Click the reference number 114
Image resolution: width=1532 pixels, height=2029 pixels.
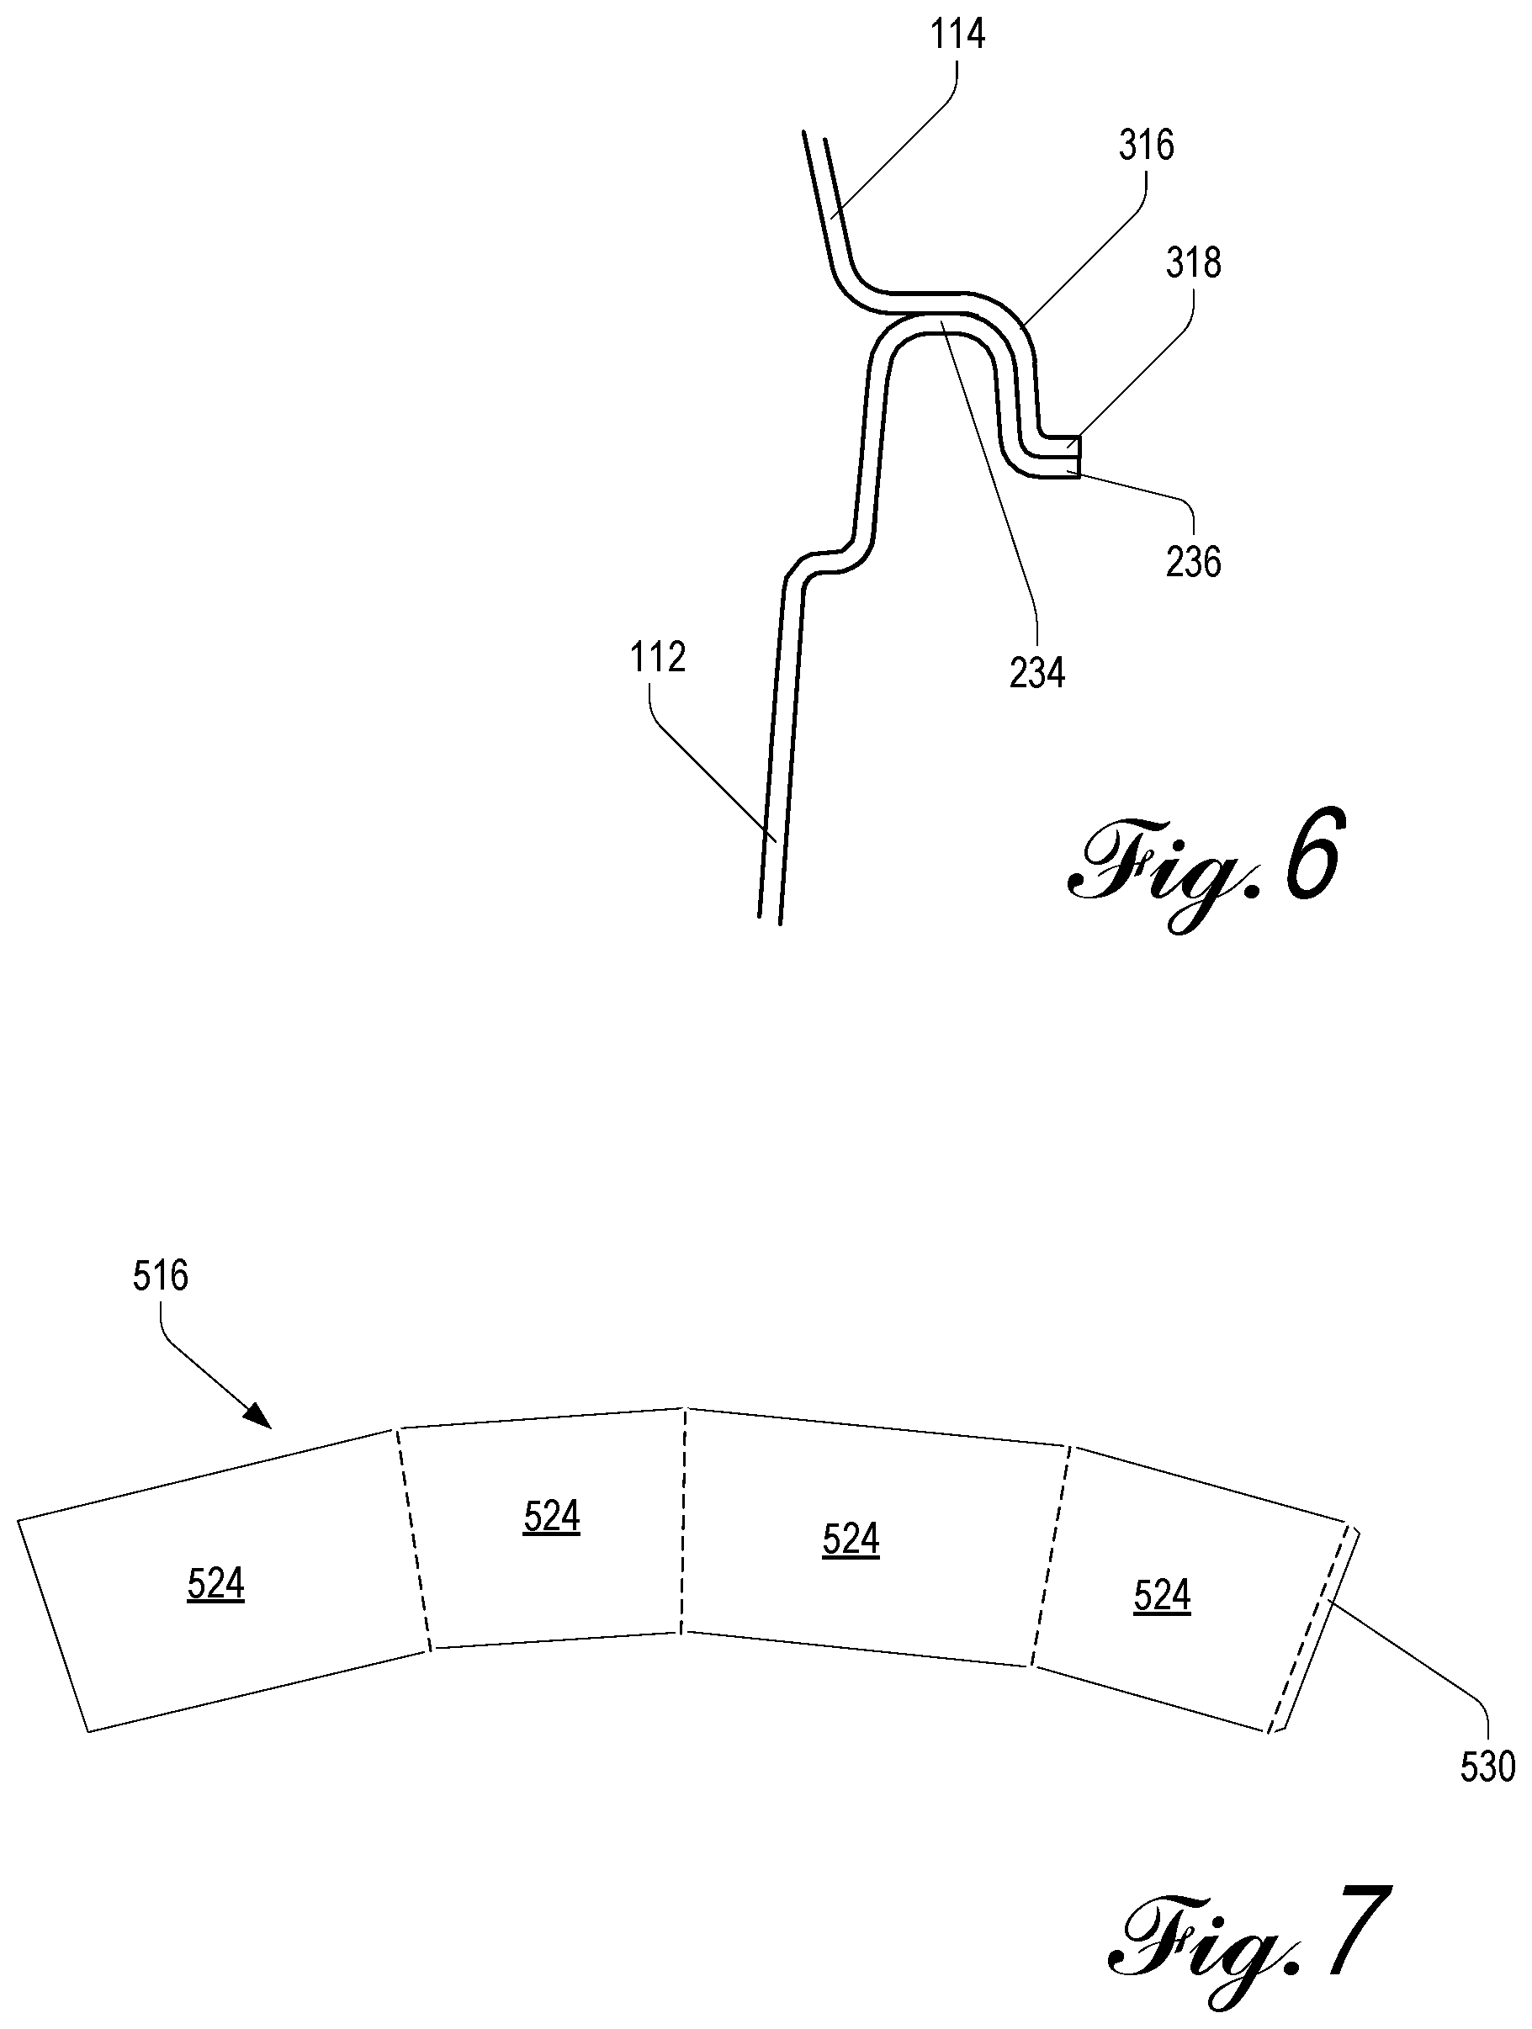click(957, 34)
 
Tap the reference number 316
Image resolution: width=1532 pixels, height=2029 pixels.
click(1147, 146)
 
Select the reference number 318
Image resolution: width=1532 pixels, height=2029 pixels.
click(1194, 263)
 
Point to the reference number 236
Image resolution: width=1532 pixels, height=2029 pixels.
click(1194, 561)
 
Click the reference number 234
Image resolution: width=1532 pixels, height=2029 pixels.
click(1036, 673)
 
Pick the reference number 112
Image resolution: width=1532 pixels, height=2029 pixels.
click(658, 658)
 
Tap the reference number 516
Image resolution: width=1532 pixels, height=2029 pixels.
click(161, 1276)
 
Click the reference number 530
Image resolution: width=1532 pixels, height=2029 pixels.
click(1487, 1766)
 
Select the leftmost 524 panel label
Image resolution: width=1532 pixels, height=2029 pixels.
click(215, 1583)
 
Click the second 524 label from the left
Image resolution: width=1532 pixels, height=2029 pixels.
click(551, 1516)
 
